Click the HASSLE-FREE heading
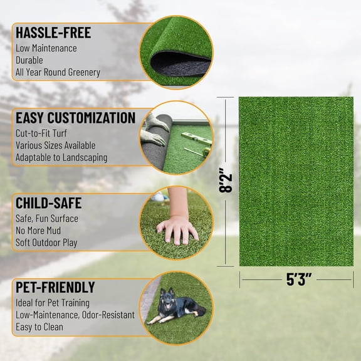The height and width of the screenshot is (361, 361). (x=53, y=33)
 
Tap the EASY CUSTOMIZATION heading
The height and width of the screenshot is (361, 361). (x=75, y=118)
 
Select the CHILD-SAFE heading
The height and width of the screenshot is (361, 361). (x=49, y=203)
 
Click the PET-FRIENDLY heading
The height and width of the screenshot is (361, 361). (x=56, y=288)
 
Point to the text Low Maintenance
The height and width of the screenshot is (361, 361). (x=46, y=48)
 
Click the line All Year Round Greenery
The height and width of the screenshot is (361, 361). (x=58, y=72)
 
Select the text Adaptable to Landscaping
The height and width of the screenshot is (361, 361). (x=61, y=157)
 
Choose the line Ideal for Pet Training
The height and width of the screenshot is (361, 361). (x=59, y=303)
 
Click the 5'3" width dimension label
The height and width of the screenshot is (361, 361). (x=299, y=280)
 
